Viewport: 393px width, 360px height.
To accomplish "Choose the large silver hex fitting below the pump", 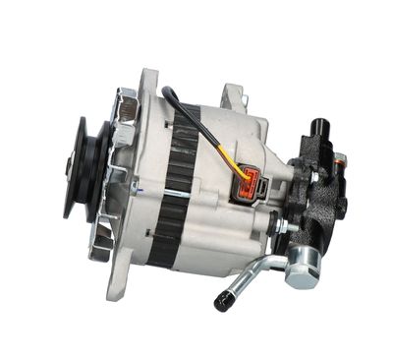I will (301, 265).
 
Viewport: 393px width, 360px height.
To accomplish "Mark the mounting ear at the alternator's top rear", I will (234, 95).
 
